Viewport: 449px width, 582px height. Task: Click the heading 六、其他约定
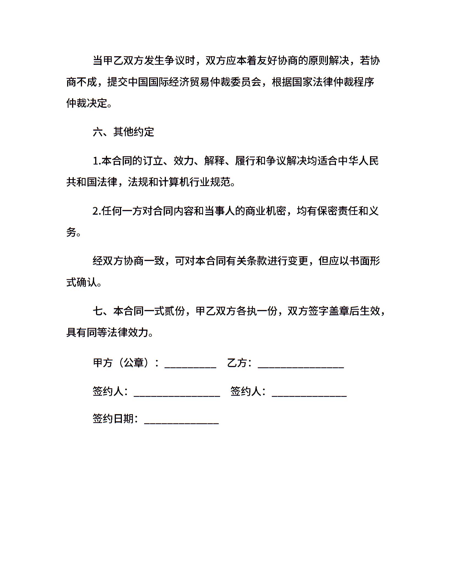[x=123, y=132]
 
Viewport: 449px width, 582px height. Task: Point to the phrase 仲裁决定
[x=87, y=103]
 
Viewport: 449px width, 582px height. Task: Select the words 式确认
[x=82, y=282]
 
